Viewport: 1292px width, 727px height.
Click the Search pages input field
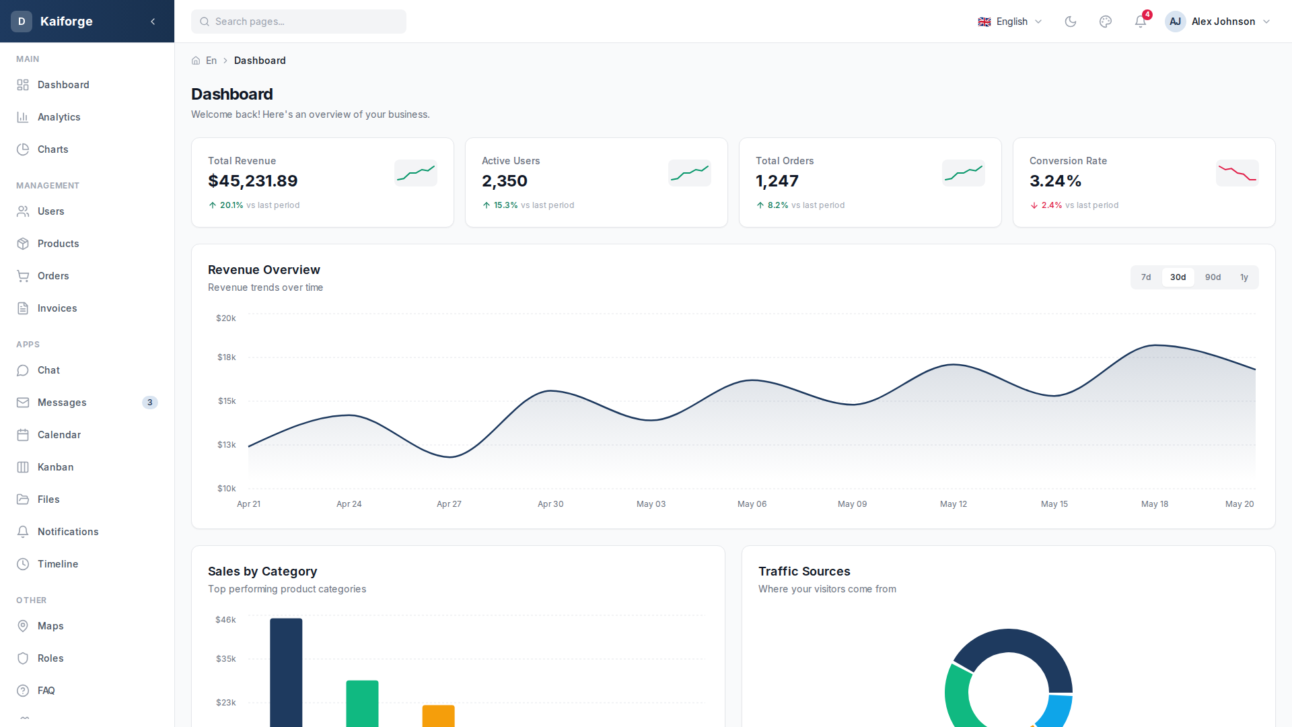tap(299, 22)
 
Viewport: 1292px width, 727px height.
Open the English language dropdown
tap(1009, 22)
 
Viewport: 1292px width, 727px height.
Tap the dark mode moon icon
tap(1071, 22)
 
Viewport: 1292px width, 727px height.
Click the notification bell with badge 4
tap(1141, 22)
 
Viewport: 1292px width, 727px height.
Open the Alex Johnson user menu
tap(1218, 22)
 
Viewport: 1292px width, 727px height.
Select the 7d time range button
tap(1146, 277)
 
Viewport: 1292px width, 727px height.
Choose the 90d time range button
tap(1213, 277)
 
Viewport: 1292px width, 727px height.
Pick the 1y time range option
tap(1244, 277)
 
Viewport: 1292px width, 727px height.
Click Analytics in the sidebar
tap(59, 117)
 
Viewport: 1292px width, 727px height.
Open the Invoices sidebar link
tap(57, 308)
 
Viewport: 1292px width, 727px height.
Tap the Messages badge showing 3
tap(150, 403)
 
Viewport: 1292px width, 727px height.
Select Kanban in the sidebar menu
tap(56, 467)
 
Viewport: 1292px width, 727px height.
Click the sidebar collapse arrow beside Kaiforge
tap(153, 22)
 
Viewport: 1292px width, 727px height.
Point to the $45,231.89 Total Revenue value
tap(253, 181)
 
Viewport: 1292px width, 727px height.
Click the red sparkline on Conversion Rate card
tap(1237, 174)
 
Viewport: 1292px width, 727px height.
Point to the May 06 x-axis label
tap(752, 504)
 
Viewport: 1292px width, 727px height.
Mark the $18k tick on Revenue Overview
tap(227, 357)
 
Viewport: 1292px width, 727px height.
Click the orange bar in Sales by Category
tap(438, 716)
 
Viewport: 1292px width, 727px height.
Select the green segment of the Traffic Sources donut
tap(957, 700)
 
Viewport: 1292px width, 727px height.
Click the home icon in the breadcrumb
tap(196, 61)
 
